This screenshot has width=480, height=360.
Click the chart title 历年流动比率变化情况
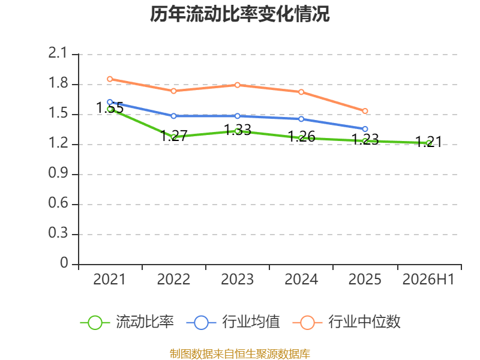[239, 14]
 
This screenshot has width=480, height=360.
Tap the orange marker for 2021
[110, 79]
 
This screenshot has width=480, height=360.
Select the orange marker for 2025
[365, 111]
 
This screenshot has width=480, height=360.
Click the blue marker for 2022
[173, 116]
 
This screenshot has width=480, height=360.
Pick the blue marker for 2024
[301, 119]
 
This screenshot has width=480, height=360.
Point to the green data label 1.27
[173, 136]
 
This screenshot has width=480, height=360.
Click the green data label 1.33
[238, 130]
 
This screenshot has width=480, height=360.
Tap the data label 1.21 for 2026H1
[428, 142]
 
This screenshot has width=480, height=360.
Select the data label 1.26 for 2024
[302, 137]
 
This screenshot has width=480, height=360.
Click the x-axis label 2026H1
[428, 279]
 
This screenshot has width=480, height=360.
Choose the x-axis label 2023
[237, 279]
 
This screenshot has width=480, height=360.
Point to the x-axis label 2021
[110, 279]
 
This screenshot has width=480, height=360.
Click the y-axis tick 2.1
[58, 53]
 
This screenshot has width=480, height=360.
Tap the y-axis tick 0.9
[58, 173]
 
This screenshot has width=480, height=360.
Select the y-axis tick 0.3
[58, 233]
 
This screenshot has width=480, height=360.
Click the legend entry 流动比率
[127, 322]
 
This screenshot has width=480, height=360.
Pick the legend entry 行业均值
[233, 322]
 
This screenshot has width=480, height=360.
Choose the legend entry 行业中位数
[347, 322]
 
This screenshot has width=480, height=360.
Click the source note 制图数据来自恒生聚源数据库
[240, 354]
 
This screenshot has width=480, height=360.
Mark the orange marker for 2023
[238, 85]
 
